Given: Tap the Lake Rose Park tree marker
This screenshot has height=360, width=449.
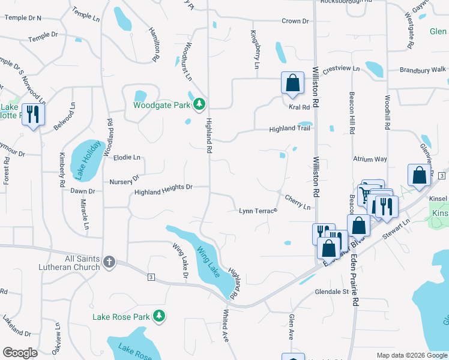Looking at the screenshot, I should (x=159, y=316).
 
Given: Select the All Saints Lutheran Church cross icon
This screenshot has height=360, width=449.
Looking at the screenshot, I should (x=109, y=262).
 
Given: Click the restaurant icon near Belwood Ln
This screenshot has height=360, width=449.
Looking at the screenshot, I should (x=32, y=114).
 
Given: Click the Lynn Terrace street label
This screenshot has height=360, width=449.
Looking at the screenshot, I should (x=258, y=211).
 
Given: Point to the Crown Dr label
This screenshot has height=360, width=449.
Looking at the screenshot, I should (x=295, y=21).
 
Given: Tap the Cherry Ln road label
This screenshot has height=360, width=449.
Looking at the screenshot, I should (x=298, y=202).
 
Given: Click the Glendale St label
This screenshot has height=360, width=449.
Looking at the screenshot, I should (x=332, y=292).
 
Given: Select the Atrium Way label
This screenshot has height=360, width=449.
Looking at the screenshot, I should (x=370, y=159).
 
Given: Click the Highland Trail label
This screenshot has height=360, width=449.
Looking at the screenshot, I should (x=289, y=128).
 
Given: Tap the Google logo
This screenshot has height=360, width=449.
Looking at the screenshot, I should (x=20, y=353).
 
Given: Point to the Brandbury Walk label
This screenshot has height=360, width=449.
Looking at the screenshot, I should (x=423, y=70).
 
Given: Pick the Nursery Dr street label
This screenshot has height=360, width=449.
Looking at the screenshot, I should (x=124, y=180).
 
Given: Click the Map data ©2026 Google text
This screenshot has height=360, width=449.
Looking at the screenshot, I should (x=411, y=355).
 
